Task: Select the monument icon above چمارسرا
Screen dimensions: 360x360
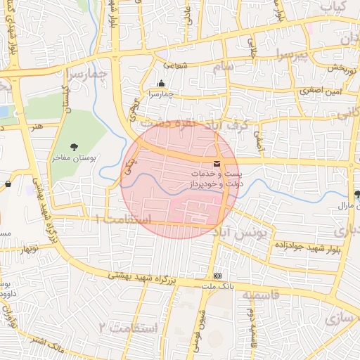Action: pos(160,83)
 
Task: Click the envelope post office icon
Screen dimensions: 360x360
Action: pos(216,163)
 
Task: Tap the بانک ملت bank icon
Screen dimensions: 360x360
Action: pos(217,276)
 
